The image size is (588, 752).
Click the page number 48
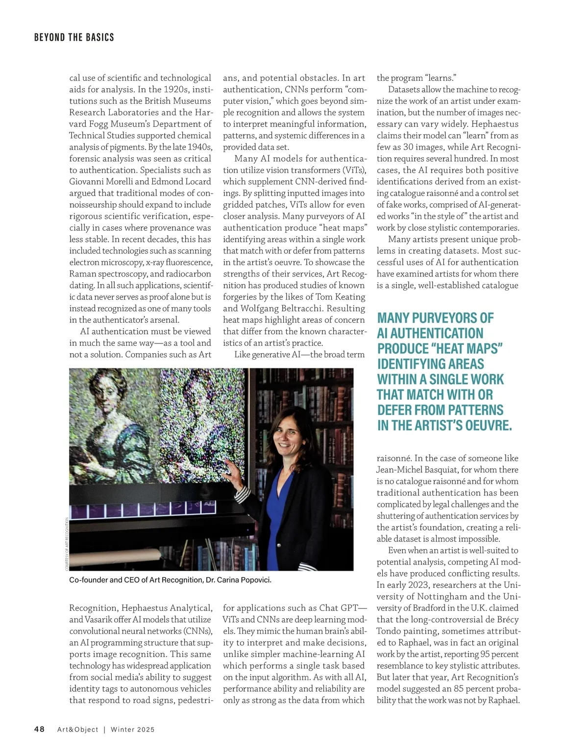(x=39, y=729)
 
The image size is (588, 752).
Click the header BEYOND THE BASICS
(x=74, y=37)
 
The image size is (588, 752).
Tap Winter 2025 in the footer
(x=132, y=729)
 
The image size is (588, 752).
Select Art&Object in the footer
(x=77, y=729)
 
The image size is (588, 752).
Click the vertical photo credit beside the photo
(x=66, y=544)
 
